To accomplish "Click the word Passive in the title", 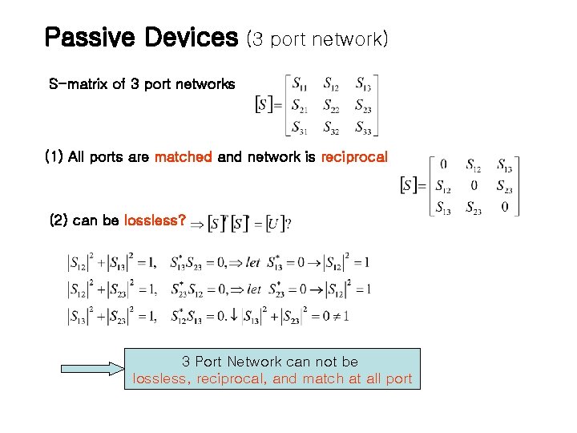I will pyautogui.click(x=84, y=37).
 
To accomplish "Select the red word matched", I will pyautogui.click(x=183, y=156).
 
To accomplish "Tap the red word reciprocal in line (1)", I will pyautogui.click(x=353, y=156).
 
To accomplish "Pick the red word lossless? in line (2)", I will pyautogui.click(x=155, y=221).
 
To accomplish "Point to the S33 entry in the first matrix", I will pyautogui.click(x=363, y=127).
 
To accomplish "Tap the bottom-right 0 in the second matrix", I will pyautogui.click(x=505, y=207).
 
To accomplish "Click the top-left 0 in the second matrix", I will pyautogui.click(x=443, y=164).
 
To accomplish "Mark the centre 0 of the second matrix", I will pyautogui.click(x=474, y=186).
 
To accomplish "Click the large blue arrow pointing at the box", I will pyautogui.click(x=92, y=369).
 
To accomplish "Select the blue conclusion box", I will pyautogui.click(x=272, y=369).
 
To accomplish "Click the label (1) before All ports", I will pyautogui.click(x=54, y=156).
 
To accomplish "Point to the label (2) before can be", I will pyautogui.click(x=59, y=221).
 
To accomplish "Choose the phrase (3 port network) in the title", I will pyautogui.click(x=317, y=38).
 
